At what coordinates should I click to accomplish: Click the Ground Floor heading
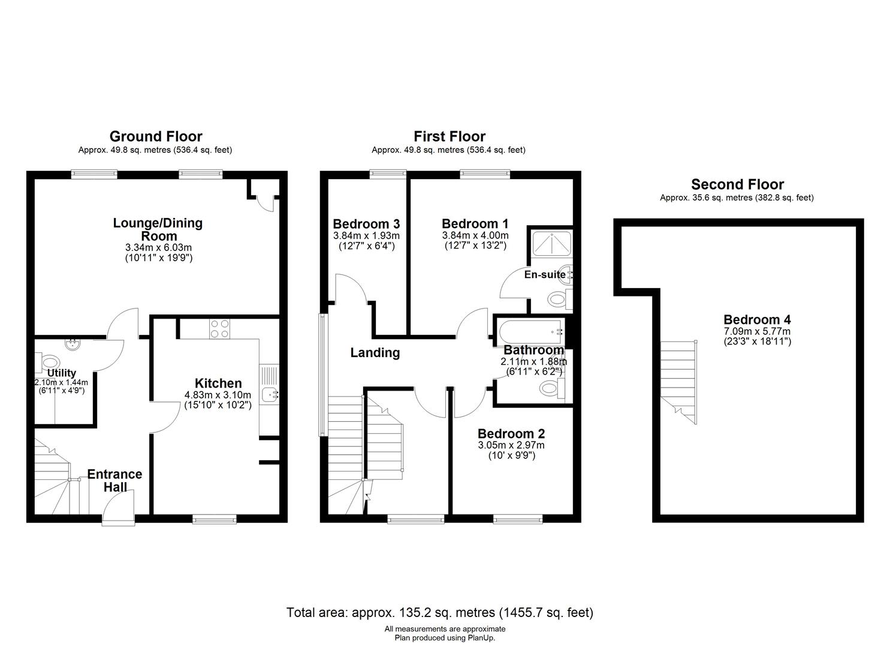click(x=156, y=137)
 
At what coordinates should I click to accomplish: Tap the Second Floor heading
click(x=737, y=185)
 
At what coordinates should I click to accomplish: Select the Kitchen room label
click(x=218, y=383)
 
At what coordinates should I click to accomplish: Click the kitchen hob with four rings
click(x=220, y=329)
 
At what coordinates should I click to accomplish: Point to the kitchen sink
click(x=270, y=394)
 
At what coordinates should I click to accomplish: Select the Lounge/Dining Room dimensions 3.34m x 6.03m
click(x=159, y=247)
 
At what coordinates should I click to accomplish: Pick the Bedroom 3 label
click(x=366, y=224)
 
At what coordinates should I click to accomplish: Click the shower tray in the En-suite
click(x=552, y=243)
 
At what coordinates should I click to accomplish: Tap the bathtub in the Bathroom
click(x=532, y=332)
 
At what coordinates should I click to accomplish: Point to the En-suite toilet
click(x=560, y=299)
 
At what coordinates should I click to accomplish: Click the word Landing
click(x=375, y=353)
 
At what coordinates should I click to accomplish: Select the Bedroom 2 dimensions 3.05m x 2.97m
click(x=511, y=445)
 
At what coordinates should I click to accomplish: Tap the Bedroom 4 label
click(x=758, y=319)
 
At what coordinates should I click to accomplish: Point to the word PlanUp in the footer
click(x=481, y=638)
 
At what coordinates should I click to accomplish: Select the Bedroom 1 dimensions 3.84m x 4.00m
click(x=476, y=235)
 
